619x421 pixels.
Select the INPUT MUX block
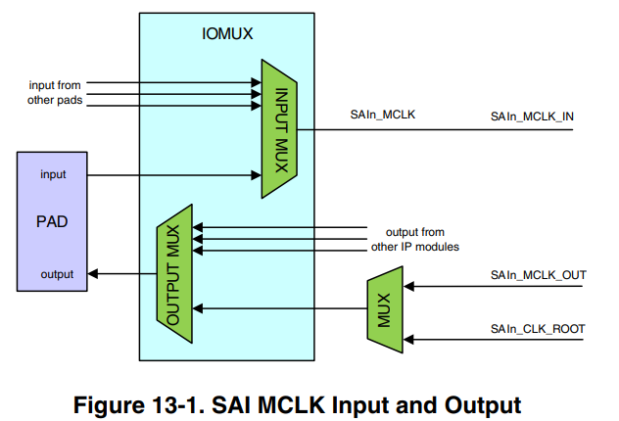click(278, 128)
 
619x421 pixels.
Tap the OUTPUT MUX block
click(175, 273)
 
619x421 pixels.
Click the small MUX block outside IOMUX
click(384, 310)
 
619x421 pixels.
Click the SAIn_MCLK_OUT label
click(538, 275)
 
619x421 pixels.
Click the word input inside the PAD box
click(53, 174)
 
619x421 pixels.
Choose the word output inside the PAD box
click(57, 274)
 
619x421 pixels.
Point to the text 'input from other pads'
click(54, 94)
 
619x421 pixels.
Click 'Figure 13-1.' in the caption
click(152, 401)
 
